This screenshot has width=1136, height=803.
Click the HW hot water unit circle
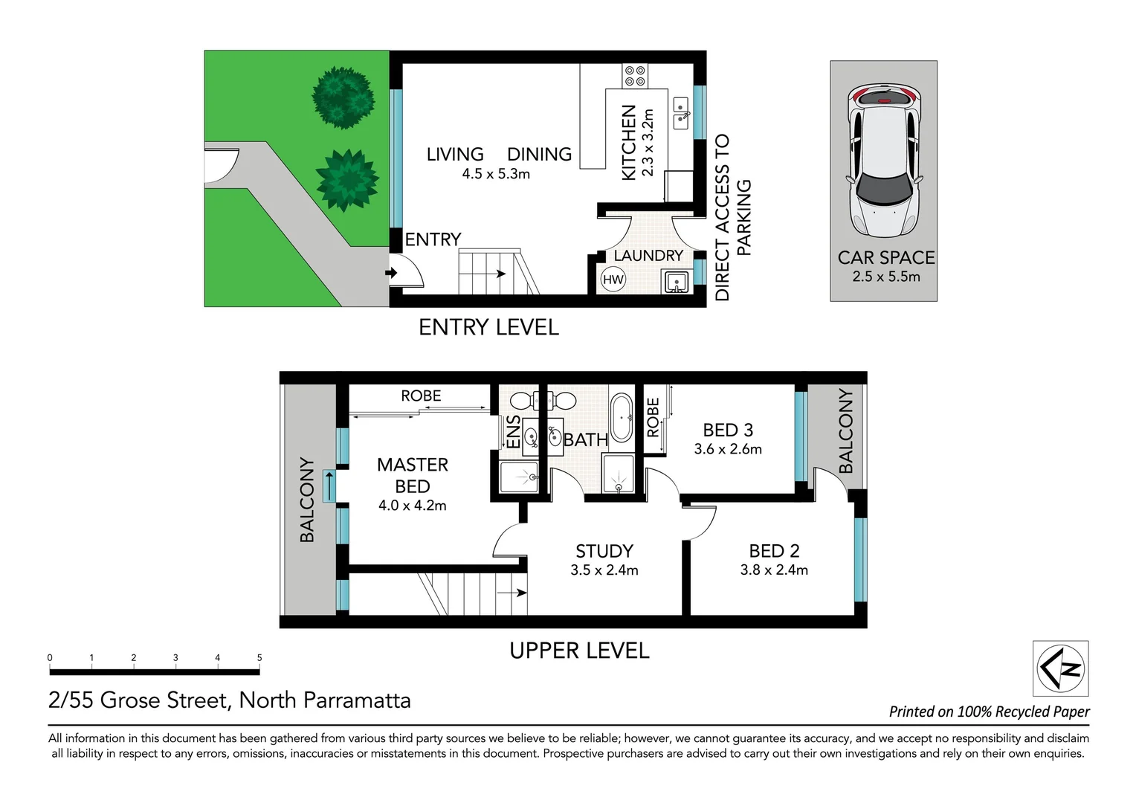coord(613,280)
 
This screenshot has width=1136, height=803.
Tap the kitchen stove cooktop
coord(635,75)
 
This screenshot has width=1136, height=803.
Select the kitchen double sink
coord(681,112)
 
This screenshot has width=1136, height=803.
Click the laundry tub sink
coord(677,282)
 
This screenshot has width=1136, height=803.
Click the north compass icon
coord(1061,668)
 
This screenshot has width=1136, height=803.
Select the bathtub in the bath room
coord(621,418)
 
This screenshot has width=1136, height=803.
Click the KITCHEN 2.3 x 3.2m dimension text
coord(648,142)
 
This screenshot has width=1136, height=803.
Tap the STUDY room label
coord(604,551)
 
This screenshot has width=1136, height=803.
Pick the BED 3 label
coord(728,430)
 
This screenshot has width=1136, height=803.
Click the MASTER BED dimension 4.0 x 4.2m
coord(412,506)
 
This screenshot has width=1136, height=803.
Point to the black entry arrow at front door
coord(391,274)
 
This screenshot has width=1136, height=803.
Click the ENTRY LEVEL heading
coord(488,327)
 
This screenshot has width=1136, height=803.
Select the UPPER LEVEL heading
coord(579,651)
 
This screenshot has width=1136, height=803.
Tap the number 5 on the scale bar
coord(259,658)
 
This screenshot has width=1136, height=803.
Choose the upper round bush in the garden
coord(342,96)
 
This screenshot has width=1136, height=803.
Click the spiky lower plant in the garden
coord(343,180)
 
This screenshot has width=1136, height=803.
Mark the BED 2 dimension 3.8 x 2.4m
coord(774,570)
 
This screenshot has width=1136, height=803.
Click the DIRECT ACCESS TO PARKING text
coord(732,217)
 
